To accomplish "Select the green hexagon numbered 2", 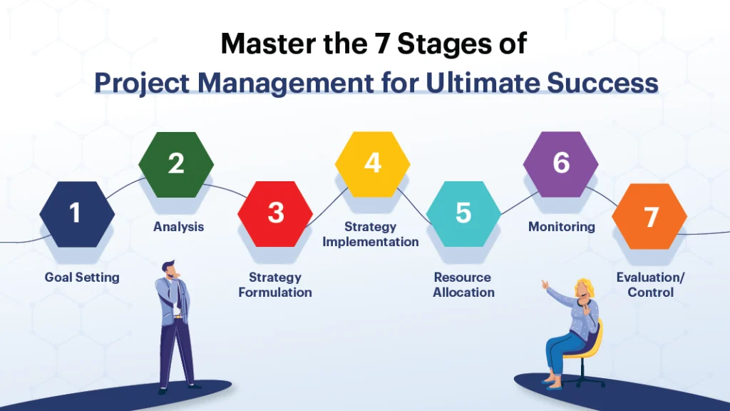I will [176, 165].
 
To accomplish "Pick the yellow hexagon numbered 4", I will [372, 164].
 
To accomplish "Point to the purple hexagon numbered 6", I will [561, 164].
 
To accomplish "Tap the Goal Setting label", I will [82, 277].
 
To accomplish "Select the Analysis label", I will [178, 227].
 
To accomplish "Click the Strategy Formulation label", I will [275, 285].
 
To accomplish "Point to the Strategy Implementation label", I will [371, 234].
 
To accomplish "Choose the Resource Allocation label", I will [463, 285].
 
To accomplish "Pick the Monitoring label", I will [562, 227].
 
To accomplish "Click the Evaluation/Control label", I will [650, 285].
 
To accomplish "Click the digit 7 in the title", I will [377, 44].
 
